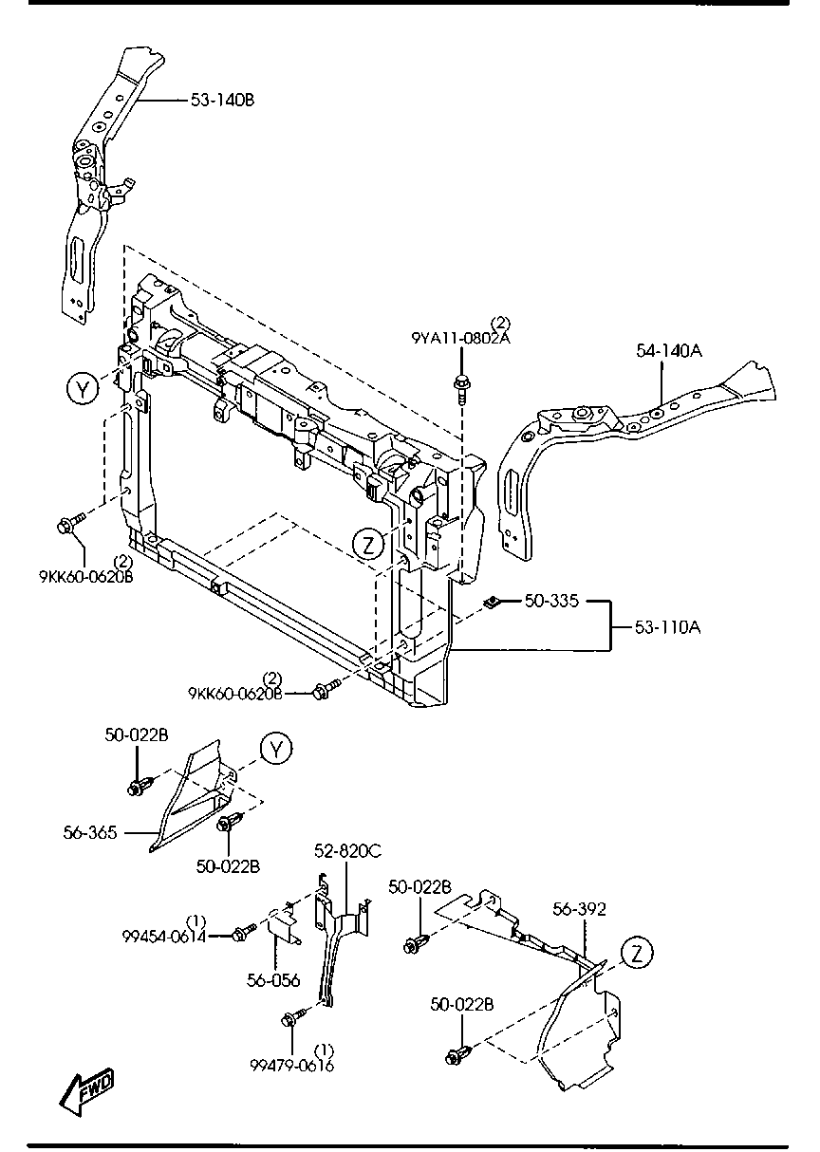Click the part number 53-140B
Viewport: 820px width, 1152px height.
click(223, 99)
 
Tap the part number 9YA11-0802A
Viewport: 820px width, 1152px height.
click(460, 337)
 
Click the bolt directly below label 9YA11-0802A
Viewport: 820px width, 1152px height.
click(462, 387)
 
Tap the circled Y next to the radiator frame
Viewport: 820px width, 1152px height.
click(83, 387)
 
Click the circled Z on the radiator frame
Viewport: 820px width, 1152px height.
click(368, 544)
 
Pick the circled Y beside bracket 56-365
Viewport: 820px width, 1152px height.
click(275, 749)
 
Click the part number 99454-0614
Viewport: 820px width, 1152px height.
click(164, 935)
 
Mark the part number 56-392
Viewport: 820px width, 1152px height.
click(579, 909)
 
